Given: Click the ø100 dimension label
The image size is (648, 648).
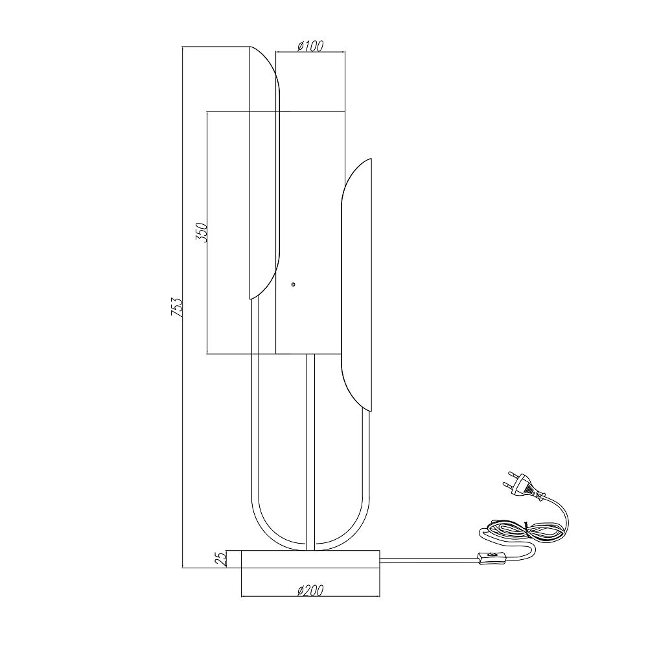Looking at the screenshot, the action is click(x=310, y=46).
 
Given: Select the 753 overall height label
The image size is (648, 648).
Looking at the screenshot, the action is click(x=176, y=307).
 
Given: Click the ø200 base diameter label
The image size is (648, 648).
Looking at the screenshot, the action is click(x=310, y=590).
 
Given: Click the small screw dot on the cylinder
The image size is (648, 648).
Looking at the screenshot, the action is click(x=293, y=284).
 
